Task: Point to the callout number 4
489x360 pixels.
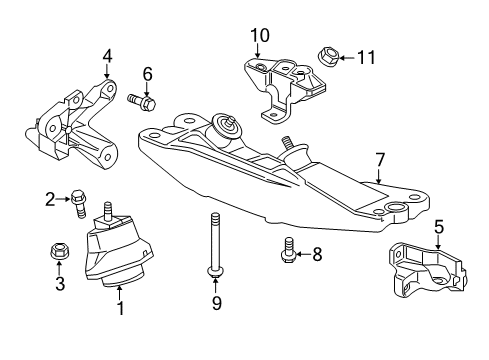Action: tap(107, 58)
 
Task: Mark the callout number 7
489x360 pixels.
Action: tap(380, 159)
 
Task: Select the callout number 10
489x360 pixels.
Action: tap(260, 37)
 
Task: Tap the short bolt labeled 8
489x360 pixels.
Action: tap(288, 250)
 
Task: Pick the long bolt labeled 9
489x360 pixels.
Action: tap(215, 244)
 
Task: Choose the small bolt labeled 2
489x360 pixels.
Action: tap(78, 203)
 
